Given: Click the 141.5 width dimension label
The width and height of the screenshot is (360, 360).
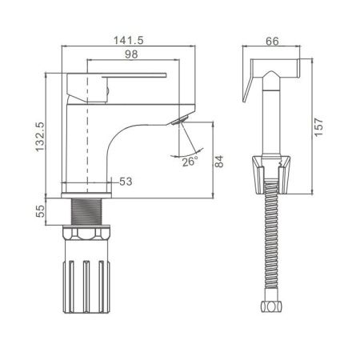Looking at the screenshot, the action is (x=129, y=41).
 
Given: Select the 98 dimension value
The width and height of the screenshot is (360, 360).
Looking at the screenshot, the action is (x=131, y=54).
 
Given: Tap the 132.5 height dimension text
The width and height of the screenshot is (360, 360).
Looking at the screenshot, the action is (x=40, y=137).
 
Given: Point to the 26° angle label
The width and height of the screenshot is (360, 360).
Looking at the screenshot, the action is (x=190, y=162).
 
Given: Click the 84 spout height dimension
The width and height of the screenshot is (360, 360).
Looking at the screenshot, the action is (x=219, y=162).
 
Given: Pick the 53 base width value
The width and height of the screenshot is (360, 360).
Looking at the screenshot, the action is (x=126, y=182).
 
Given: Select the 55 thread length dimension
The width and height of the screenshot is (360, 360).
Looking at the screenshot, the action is (x=40, y=211).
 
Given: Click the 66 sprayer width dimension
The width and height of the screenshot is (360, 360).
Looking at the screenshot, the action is (x=272, y=42).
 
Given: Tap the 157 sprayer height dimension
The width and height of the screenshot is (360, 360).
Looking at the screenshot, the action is (x=318, y=127).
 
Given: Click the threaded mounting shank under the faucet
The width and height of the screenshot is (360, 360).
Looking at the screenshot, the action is (x=86, y=212).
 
